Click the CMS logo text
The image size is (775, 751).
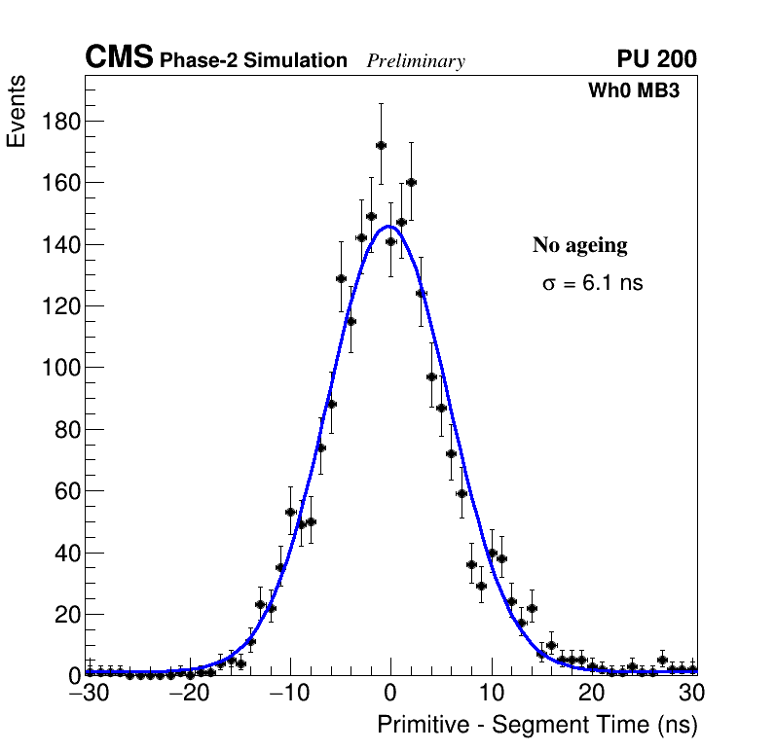click(119, 58)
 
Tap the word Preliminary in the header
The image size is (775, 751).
click(416, 61)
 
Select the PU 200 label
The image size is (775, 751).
click(656, 59)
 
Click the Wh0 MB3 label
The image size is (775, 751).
click(633, 90)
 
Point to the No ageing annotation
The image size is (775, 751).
click(579, 246)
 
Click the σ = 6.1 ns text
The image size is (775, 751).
click(593, 284)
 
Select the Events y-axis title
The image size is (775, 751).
click(17, 113)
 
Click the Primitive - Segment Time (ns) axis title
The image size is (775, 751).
click(536, 725)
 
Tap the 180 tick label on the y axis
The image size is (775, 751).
click(60, 121)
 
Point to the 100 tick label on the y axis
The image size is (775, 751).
click(60, 368)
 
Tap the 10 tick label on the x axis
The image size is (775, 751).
click(492, 694)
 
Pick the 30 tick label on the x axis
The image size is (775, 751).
click(692, 694)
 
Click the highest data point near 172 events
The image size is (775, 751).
click(381, 145)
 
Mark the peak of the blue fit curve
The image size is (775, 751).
click(389, 227)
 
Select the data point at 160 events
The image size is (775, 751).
click(411, 182)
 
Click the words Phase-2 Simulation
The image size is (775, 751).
click(253, 61)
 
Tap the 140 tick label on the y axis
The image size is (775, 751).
click(60, 244)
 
